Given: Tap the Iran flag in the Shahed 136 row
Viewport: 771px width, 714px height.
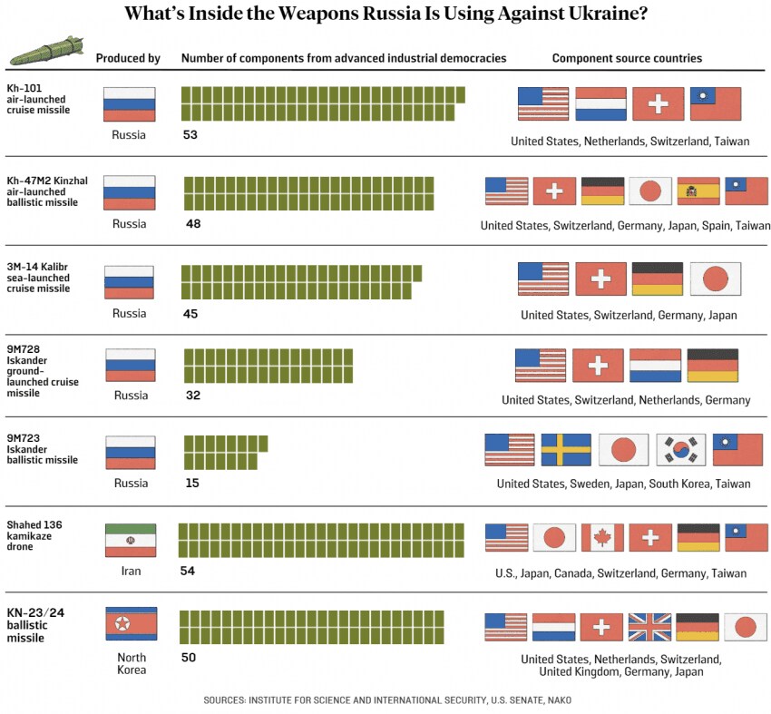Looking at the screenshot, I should coord(131,540).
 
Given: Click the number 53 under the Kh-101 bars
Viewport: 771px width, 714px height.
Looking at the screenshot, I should coord(190,134).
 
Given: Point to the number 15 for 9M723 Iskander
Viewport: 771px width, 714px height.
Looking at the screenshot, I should coord(191,483).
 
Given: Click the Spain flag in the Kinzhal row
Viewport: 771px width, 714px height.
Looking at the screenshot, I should coord(698,191).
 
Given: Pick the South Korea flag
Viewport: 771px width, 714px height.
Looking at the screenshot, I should coord(680,450).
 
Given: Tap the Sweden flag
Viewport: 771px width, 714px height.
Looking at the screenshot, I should coord(566,450).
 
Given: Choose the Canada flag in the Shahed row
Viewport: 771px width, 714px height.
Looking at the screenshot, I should coord(602,538).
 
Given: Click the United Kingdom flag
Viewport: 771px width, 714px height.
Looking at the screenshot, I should coord(650,627).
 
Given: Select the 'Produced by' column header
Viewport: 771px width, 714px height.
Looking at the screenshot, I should coord(128,58).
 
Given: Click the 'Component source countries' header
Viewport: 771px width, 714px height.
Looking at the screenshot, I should coord(627,58).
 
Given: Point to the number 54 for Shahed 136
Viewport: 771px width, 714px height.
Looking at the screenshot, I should coord(188,571).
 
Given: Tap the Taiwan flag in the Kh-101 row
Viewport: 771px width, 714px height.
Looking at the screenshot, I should coord(716,103).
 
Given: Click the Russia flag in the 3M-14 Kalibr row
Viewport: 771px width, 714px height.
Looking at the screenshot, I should coord(130,282).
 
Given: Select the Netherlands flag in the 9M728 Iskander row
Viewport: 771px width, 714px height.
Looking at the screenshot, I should coord(655,366).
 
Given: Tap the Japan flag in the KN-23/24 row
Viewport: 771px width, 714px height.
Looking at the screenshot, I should coord(746,627).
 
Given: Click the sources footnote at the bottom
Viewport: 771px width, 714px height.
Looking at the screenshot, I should coord(387,700).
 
